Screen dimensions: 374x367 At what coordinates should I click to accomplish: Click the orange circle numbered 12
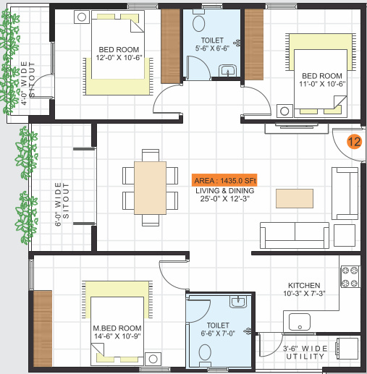coord(353,142)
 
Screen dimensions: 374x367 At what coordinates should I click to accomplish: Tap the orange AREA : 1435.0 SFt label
coord(224,180)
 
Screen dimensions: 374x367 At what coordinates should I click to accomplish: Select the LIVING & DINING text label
coord(224,190)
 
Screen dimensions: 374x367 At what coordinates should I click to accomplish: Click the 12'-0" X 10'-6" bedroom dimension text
coord(119,59)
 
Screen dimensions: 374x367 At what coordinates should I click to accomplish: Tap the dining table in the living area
coord(150,188)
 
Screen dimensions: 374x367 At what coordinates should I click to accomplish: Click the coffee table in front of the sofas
coord(296,197)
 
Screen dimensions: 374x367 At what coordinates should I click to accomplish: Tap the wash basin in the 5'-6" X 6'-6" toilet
coord(228,71)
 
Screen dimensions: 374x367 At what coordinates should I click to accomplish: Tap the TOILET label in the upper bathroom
coord(213,41)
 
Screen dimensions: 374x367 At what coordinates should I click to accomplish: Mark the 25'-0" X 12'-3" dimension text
coord(224,200)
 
